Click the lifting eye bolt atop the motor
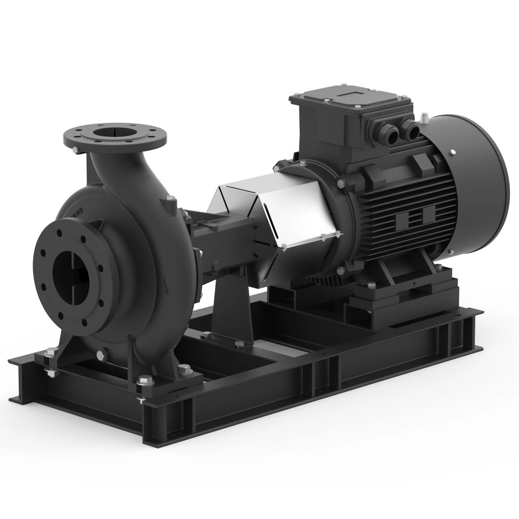coord(424,117)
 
